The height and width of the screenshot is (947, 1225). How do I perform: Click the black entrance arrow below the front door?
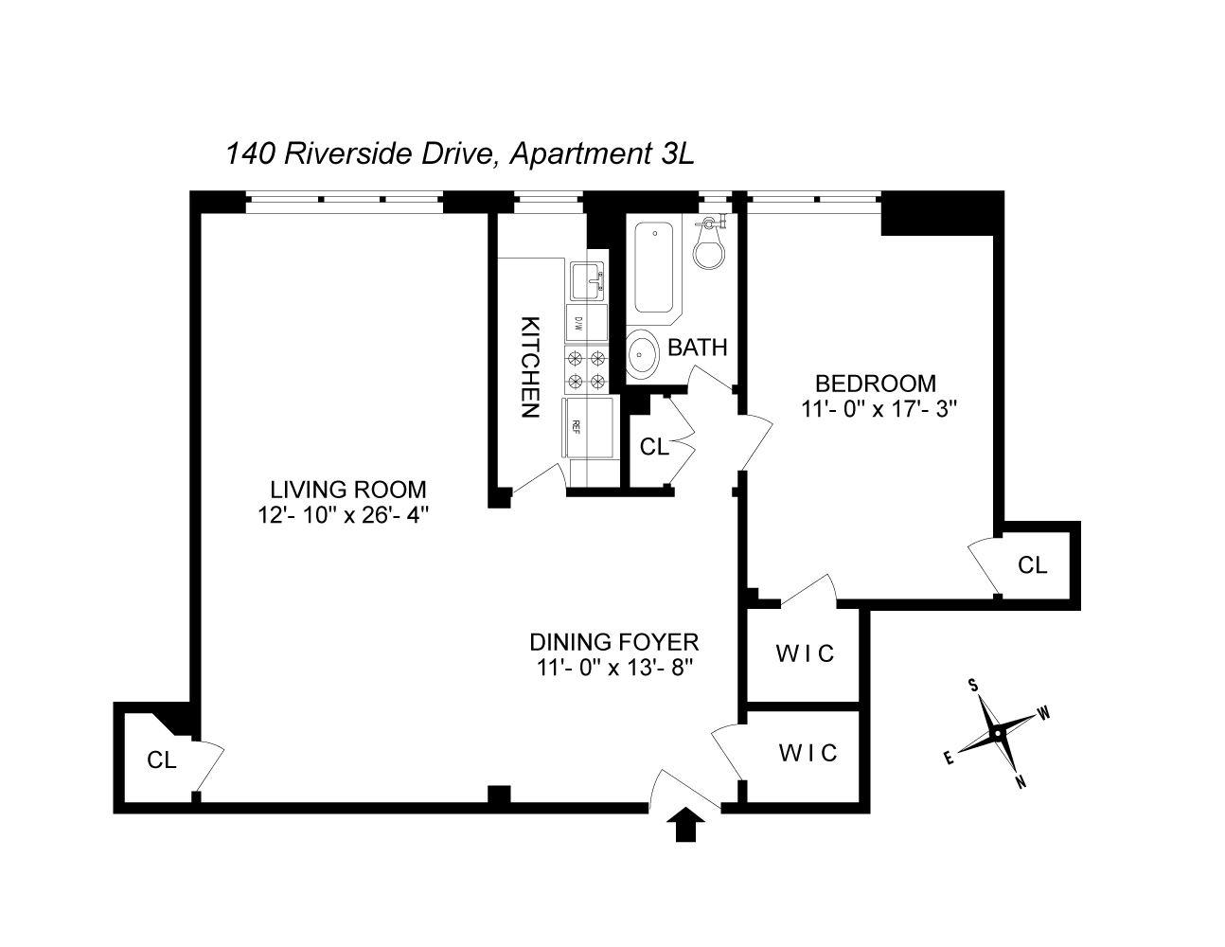pos(688,826)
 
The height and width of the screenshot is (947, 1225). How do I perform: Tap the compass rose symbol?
pos(997,733)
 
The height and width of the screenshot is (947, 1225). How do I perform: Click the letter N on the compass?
pos(1021,781)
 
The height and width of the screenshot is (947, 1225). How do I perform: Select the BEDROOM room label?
pos(876,384)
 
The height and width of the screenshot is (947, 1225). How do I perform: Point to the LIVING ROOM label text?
pos(348,490)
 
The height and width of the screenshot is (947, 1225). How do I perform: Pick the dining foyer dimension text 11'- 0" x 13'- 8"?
pos(614,667)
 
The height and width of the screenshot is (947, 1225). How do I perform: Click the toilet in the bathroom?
pos(709,247)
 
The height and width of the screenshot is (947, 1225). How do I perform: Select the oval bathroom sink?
pos(644,356)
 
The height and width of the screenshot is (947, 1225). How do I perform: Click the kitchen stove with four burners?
pos(586,370)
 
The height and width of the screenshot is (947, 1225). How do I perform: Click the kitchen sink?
pos(587,280)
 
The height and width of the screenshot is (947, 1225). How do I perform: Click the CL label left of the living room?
pos(162,759)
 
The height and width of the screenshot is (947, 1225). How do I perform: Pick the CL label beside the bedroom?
pos(1033,565)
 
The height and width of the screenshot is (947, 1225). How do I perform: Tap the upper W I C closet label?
pos(806,653)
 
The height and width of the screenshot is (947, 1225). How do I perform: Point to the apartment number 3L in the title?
pos(676,153)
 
